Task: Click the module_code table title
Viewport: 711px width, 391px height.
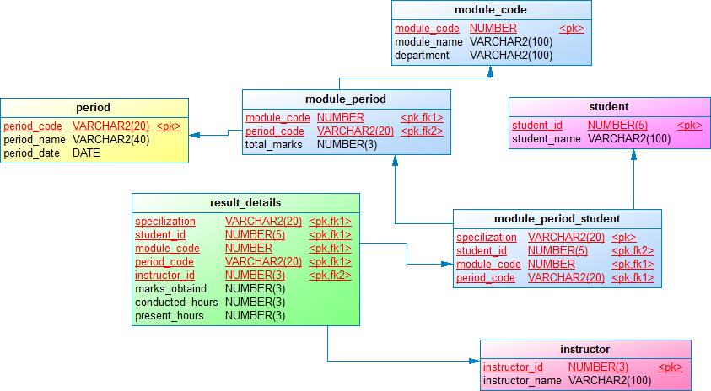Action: click(x=490, y=10)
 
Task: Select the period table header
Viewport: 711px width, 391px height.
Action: click(x=93, y=107)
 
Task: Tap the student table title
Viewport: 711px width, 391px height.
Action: click(x=608, y=106)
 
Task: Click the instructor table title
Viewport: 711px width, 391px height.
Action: click(x=584, y=349)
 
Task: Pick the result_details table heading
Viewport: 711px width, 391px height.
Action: click(x=245, y=202)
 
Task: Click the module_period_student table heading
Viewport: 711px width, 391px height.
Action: click(x=557, y=219)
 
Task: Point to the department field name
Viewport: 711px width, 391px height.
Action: click(x=422, y=56)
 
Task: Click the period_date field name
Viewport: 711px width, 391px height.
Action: click(x=28, y=153)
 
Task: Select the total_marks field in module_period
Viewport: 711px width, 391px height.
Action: click(x=268, y=145)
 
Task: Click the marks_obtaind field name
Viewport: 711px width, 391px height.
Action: click(x=170, y=289)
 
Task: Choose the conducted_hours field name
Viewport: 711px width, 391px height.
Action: click(x=176, y=303)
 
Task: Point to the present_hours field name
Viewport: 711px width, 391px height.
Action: click(x=169, y=316)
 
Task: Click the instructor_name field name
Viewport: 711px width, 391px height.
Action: click(x=522, y=381)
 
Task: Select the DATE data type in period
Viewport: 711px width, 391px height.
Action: click(x=86, y=153)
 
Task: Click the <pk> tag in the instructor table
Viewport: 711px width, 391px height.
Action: click(x=670, y=367)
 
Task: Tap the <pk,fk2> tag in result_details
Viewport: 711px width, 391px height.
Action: click(x=330, y=276)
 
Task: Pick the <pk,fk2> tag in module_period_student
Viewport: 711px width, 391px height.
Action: click(x=633, y=251)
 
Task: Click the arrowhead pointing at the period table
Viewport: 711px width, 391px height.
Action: click(x=194, y=135)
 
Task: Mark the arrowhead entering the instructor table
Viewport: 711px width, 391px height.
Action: click(x=475, y=361)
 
